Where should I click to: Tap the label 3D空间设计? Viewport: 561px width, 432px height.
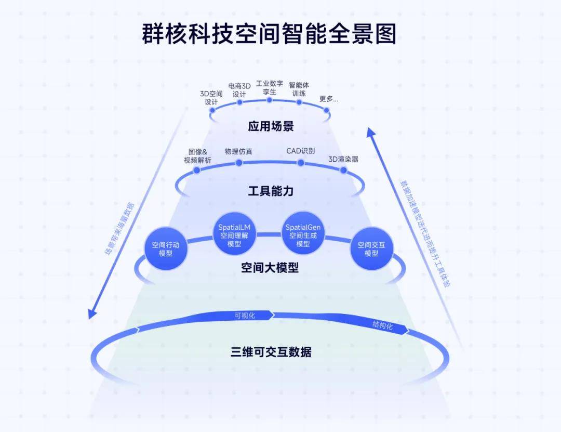point(211,98)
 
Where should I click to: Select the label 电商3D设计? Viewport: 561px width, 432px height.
point(239,90)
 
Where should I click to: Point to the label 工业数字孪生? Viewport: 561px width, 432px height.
point(269,87)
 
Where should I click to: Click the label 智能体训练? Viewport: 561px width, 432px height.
point(299,89)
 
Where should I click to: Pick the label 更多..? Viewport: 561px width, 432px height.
point(328,99)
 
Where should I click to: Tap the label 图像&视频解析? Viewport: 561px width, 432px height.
point(197,156)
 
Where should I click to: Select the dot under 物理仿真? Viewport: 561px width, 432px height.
point(239,163)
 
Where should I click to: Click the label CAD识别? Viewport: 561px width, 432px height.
point(300,151)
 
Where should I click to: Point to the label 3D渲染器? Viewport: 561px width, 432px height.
point(343,159)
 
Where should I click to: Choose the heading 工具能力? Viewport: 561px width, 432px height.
point(271,191)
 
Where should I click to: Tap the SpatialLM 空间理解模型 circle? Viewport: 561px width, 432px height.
point(234,235)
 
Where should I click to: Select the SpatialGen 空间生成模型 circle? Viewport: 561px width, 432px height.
point(303,235)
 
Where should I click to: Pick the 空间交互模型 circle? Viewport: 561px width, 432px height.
point(371,248)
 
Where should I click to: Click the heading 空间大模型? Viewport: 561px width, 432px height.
point(270,268)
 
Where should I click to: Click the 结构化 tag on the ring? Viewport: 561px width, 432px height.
point(383,326)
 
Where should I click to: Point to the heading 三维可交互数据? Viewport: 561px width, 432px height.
point(271,352)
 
